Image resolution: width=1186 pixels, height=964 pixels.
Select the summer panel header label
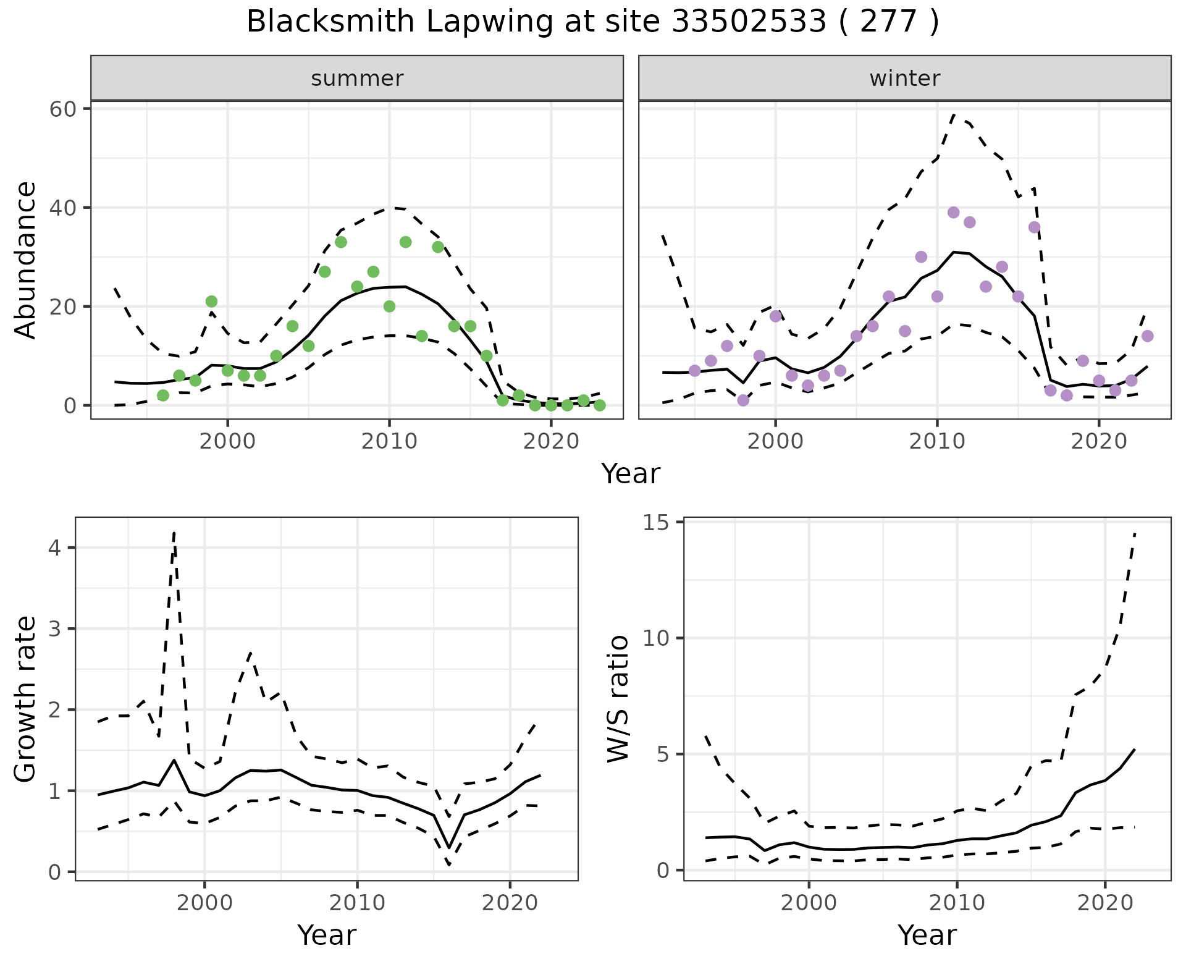point(357,78)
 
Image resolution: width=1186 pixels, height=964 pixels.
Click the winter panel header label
point(904,78)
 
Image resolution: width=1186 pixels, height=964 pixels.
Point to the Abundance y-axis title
point(25,260)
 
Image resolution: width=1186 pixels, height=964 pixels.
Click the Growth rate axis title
point(25,700)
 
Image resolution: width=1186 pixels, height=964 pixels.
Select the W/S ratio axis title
point(618,698)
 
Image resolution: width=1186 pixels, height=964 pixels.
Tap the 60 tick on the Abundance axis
point(61,109)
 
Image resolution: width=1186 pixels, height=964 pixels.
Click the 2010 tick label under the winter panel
point(937,442)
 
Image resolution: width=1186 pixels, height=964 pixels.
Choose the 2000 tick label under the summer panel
point(227,442)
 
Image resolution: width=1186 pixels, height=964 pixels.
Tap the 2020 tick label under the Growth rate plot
point(510,903)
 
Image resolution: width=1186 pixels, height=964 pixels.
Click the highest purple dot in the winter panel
point(953,213)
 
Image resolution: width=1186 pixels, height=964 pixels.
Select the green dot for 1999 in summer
point(211,302)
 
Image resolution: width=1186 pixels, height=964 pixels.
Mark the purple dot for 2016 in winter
point(1034,227)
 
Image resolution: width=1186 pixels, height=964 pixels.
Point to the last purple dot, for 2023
point(1148,336)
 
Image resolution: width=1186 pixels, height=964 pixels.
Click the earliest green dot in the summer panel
point(163,395)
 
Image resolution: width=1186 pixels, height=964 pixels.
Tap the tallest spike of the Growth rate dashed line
point(174,533)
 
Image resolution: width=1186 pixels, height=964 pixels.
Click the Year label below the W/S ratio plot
point(927,935)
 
